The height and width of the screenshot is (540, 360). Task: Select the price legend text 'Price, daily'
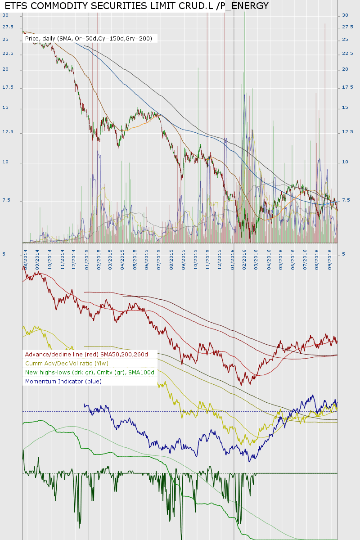[x=40, y=39]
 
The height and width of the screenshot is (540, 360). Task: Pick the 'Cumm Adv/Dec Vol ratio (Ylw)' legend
[x=67, y=364]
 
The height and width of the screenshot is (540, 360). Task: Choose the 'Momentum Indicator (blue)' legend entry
[x=63, y=382]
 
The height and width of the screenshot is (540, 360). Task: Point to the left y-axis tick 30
[x=5, y=15]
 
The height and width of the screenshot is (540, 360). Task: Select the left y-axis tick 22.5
[x=8, y=54]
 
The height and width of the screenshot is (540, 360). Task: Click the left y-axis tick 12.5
[x=8, y=132]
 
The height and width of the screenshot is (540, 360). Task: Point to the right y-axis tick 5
[x=344, y=254]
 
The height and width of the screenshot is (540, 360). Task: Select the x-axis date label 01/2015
[x=86, y=261]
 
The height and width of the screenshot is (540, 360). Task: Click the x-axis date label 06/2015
[x=147, y=261]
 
